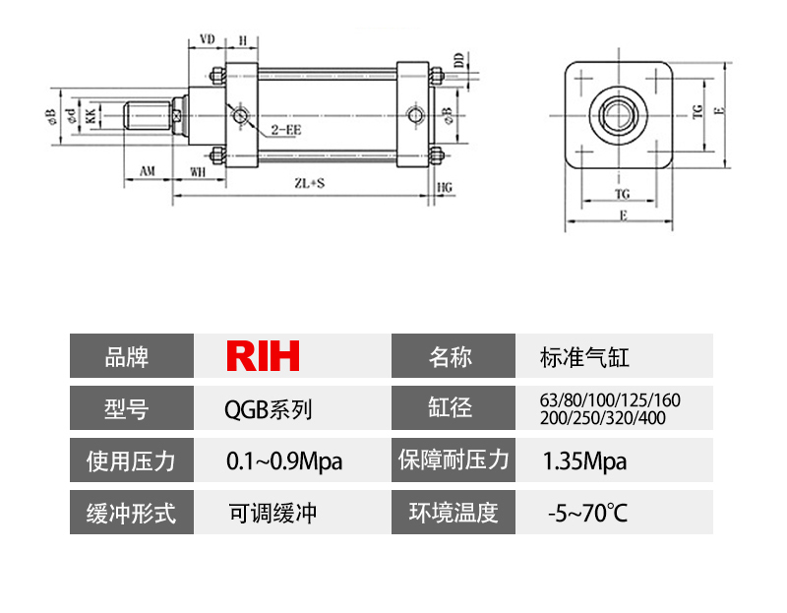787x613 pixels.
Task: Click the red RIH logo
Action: pyautogui.click(x=263, y=356)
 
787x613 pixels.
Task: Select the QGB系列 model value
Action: pyautogui.click(x=269, y=408)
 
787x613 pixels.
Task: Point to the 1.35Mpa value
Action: pyautogui.click(x=584, y=460)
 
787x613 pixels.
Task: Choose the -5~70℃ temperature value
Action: pyautogui.click(x=586, y=513)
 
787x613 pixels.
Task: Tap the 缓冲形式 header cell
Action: pyautogui.click(x=131, y=513)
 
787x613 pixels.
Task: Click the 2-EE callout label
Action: pyautogui.click(x=285, y=129)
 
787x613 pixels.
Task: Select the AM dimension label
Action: pyautogui.click(x=147, y=171)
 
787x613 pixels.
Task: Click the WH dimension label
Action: pyautogui.click(x=198, y=171)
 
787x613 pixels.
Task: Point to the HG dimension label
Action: pyautogui.click(x=445, y=185)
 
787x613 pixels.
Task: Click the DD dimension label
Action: pyautogui.click(x=458, y=60)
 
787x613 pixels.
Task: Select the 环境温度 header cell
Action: pyautogui.click(x=454, y=513)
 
